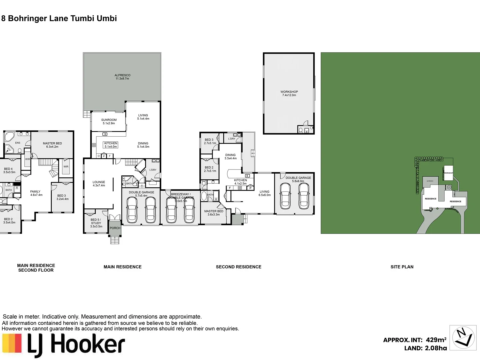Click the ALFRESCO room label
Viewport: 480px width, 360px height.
(122, 77)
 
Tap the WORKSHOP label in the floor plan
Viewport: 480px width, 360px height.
(289, 93)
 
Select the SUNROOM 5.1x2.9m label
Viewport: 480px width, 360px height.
(109, 122)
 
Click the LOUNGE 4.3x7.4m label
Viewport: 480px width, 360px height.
(99, 184)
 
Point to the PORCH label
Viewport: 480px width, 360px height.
(115, 228)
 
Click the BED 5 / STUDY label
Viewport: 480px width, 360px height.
(96, 223)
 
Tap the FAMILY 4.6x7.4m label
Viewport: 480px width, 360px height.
(36, 193)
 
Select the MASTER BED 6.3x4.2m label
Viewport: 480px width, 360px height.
(52, 145)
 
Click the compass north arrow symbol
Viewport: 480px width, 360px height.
(463, 337)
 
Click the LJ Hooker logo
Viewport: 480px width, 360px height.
(63, 345)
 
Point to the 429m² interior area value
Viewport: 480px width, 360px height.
(436, 340)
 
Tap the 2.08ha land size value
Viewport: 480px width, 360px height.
(436, 348)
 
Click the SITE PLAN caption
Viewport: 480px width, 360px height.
(402, 267)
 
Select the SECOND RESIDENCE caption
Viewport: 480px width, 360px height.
(238, 267)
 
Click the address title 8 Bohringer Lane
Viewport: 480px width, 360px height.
(59, 18)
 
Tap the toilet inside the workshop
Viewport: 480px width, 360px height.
(301, 131)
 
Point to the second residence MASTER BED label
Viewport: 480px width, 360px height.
(214, 213)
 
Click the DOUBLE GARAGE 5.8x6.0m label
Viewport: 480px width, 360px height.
(298, 179)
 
